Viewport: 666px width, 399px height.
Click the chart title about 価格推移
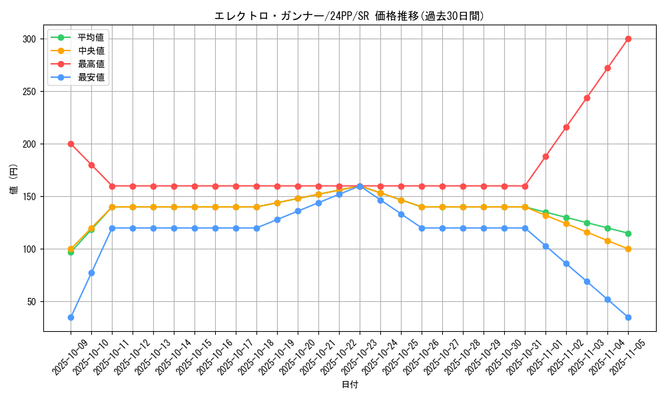(x=349, y=16)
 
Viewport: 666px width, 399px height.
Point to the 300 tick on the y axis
(x=29, y=39)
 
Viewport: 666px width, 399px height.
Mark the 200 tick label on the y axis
(x=29, y=144)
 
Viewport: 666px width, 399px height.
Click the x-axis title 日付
(x=350, y=385)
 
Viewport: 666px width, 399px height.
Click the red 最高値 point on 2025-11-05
(x=628, y=39)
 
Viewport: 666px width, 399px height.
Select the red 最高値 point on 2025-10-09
(x=71, y=144)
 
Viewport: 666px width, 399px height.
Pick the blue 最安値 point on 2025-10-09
(x=71, y=317)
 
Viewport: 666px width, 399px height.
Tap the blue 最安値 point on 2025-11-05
(x=628, y=317)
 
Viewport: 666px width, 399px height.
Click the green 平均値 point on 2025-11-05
(x=628, y=233)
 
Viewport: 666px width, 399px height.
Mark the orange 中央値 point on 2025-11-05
(x=628, y=249)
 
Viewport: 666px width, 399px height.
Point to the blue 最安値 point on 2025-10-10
(x=91, y=273)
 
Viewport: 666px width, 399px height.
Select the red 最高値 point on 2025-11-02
(x=566, y=127)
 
